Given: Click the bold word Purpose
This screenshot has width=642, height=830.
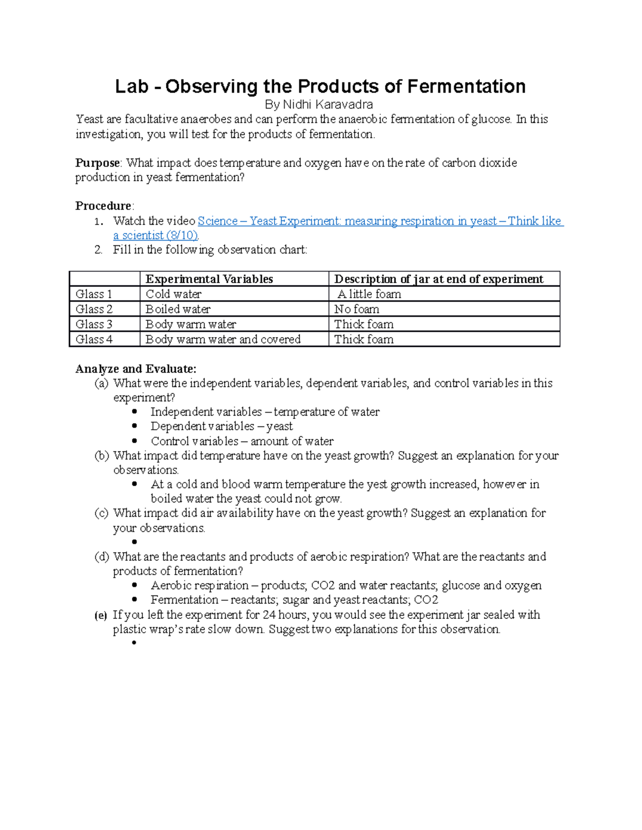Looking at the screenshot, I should tap(97, 163).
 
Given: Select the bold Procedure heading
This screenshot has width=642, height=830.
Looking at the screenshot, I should tap(103, 206).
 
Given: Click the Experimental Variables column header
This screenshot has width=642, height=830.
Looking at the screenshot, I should tap(209, 279).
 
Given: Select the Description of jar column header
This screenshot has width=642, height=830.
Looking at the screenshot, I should tap(438, 279).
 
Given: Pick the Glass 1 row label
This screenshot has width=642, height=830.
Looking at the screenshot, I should tap(94, 294).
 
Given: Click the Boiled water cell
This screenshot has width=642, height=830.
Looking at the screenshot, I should tap(178, 309).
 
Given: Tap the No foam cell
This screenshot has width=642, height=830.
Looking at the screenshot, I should tap(357, 309).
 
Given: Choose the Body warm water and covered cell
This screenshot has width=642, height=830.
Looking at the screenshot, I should tap(223, 339).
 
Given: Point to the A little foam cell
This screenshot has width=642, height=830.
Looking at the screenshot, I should tap(369, 294).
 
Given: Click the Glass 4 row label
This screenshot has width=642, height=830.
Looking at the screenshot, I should tap(94, 339).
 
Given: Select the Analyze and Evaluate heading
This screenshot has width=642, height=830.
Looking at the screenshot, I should tap(136, 369).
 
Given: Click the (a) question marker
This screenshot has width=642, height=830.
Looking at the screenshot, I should tap(101, 383).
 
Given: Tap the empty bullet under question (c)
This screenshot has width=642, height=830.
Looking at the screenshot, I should tap(134, 542).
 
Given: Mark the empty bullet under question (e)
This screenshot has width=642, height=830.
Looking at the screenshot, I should tap(134, 643).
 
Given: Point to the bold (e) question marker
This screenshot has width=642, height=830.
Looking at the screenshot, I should tap(101, 615).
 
